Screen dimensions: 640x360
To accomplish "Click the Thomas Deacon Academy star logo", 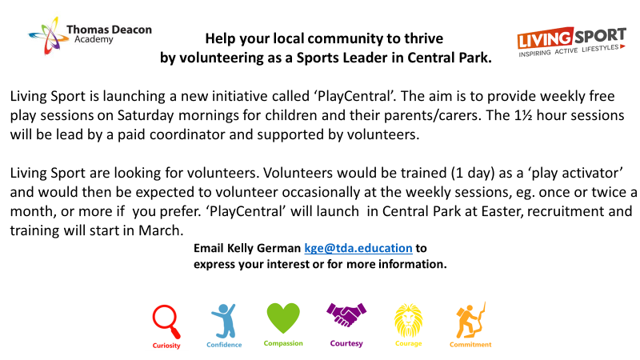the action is [48, 35].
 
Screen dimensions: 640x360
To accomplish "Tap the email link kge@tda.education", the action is [358, 248].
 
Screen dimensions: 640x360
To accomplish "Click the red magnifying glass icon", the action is [166, 322].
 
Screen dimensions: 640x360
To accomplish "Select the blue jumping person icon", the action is [224, 321].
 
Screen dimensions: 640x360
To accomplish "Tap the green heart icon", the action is [283, 318].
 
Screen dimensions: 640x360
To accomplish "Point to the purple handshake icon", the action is [346, 314].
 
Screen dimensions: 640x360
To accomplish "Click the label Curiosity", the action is [166, 346].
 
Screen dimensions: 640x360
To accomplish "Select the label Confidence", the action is [224, 345].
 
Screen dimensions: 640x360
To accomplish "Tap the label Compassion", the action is [283, 343].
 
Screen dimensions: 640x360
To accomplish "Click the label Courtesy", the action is [346, 344].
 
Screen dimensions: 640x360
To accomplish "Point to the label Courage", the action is [409, 344].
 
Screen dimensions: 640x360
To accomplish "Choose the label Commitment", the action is [470, 345].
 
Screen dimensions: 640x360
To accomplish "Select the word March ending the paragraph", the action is [161, 230].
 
